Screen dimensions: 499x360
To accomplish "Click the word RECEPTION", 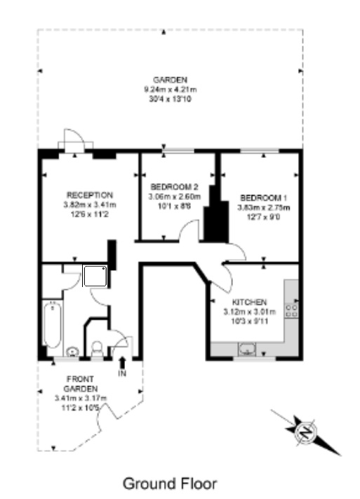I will point(89,194).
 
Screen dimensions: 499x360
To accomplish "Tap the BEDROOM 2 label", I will point(174,187).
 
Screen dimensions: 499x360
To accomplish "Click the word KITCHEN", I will point(249,300).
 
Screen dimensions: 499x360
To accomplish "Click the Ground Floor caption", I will point(170,484).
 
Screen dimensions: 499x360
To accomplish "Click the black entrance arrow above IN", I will point(123,362).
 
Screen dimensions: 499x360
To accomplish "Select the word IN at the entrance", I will point(123,373).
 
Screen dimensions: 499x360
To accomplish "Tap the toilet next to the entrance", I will point(98,347).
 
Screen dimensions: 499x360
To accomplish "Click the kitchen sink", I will point(247,347).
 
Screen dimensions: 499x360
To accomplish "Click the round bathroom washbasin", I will point(73,350).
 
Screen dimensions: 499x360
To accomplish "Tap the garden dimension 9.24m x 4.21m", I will point(170,90).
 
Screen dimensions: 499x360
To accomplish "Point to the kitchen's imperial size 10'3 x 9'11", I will point(249,320).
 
